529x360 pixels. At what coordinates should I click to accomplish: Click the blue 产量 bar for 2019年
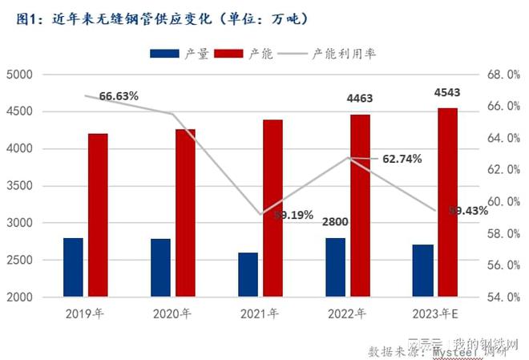pyautogui.click(x=73, y=268)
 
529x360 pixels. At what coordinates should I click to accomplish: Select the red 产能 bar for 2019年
pyautogui.click(x=98, y=216)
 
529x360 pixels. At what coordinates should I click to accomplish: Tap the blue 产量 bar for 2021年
pyautogui.click(x=248, y=275)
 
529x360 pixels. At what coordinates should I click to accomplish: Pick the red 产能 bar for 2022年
pyautogui.click(x=361, y=206)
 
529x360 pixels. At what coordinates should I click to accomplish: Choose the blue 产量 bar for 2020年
pyautogui.click(x=160, y=268)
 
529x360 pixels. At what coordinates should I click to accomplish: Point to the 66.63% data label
pyautogui.click(x=119, y=96)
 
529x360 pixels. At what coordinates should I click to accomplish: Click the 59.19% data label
pyautogui.click(x=293, y=215)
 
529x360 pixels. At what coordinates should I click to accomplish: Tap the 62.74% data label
pyautogui.click(x=402, y=159)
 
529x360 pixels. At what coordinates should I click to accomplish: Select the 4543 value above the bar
pyautogui.click(x=447, y=93)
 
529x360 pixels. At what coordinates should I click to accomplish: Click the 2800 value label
pyautogui.click(x=335, y=221)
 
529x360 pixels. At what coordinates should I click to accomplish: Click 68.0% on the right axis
pyautogui.click(x=503, y=75)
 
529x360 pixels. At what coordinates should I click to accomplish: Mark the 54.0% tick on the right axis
pyautogui.click(x=503, y=297)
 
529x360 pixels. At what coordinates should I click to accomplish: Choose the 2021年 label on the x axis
pyautogui.click(x=260, y=313)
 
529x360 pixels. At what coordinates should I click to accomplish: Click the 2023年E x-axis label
pyautogui.click(x=434, y=313)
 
